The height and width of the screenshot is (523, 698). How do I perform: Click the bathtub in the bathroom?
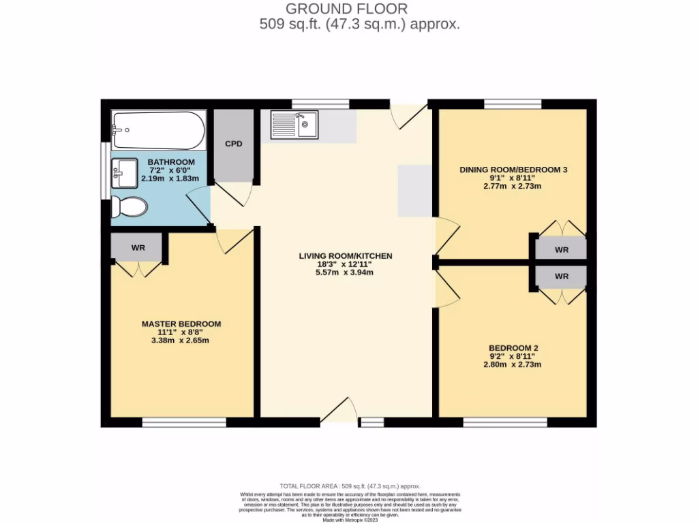pyautogui.click(x=158, y=131)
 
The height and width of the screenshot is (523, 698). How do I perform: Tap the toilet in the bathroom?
pyautogui.click(x=130, y=206)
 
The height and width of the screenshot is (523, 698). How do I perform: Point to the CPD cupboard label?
pyautogui.click(x=234, y=144)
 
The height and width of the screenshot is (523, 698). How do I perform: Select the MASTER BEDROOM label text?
pyautogui.click(x=181, y=323)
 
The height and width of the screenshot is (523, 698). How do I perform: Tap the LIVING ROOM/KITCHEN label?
pyautogui.click(x=346, y=256)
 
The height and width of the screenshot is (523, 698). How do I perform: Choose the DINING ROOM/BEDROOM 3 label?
pyautogui.click(x=513, y=170)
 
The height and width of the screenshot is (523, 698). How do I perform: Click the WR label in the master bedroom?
pyautogui.click(x=138, y=248)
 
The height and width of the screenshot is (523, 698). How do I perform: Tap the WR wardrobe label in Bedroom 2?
pyautogui.click(x=561, y=276)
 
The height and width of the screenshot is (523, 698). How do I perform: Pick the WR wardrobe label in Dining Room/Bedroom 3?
pyautogui.click(x=561, y=250)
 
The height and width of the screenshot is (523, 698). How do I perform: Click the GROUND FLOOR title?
pyautogui.click(x=346, y=9)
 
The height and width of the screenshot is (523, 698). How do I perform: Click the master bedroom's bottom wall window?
pyautogui.click(x=184, y=422)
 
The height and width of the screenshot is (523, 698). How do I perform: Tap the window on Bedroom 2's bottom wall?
pyautogui.click(x=505, y=422)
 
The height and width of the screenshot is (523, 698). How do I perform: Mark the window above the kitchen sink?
pyautogui.click(x=320, y=104)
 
